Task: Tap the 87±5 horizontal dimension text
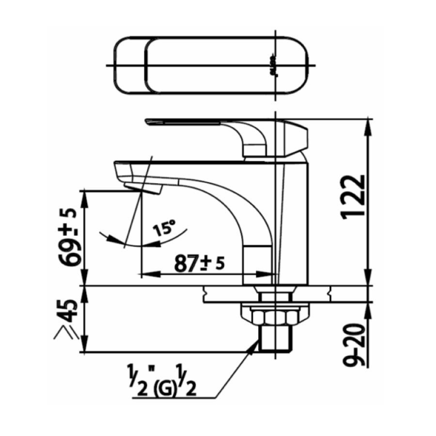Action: (x=200, y=265)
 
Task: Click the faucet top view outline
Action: (x=211, y=65)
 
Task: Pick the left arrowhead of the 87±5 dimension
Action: (x=145, y=274)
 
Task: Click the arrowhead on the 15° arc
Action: (x=114, y=239)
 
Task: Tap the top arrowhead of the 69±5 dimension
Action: (x=85, y=195)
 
